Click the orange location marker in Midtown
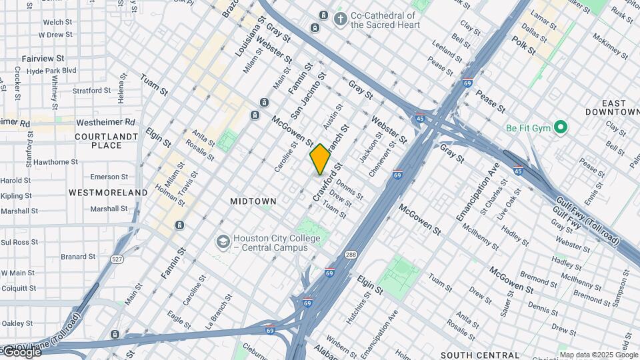click(320, 159)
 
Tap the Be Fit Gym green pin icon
click(561, 127)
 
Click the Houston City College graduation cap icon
click(223, 241)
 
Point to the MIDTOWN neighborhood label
click(253, 201)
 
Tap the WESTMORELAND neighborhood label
click(108, 193)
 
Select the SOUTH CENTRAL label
click(480, 355)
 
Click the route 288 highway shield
click(351, 254)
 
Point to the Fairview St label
click(43, 59)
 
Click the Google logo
click(21, 351)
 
